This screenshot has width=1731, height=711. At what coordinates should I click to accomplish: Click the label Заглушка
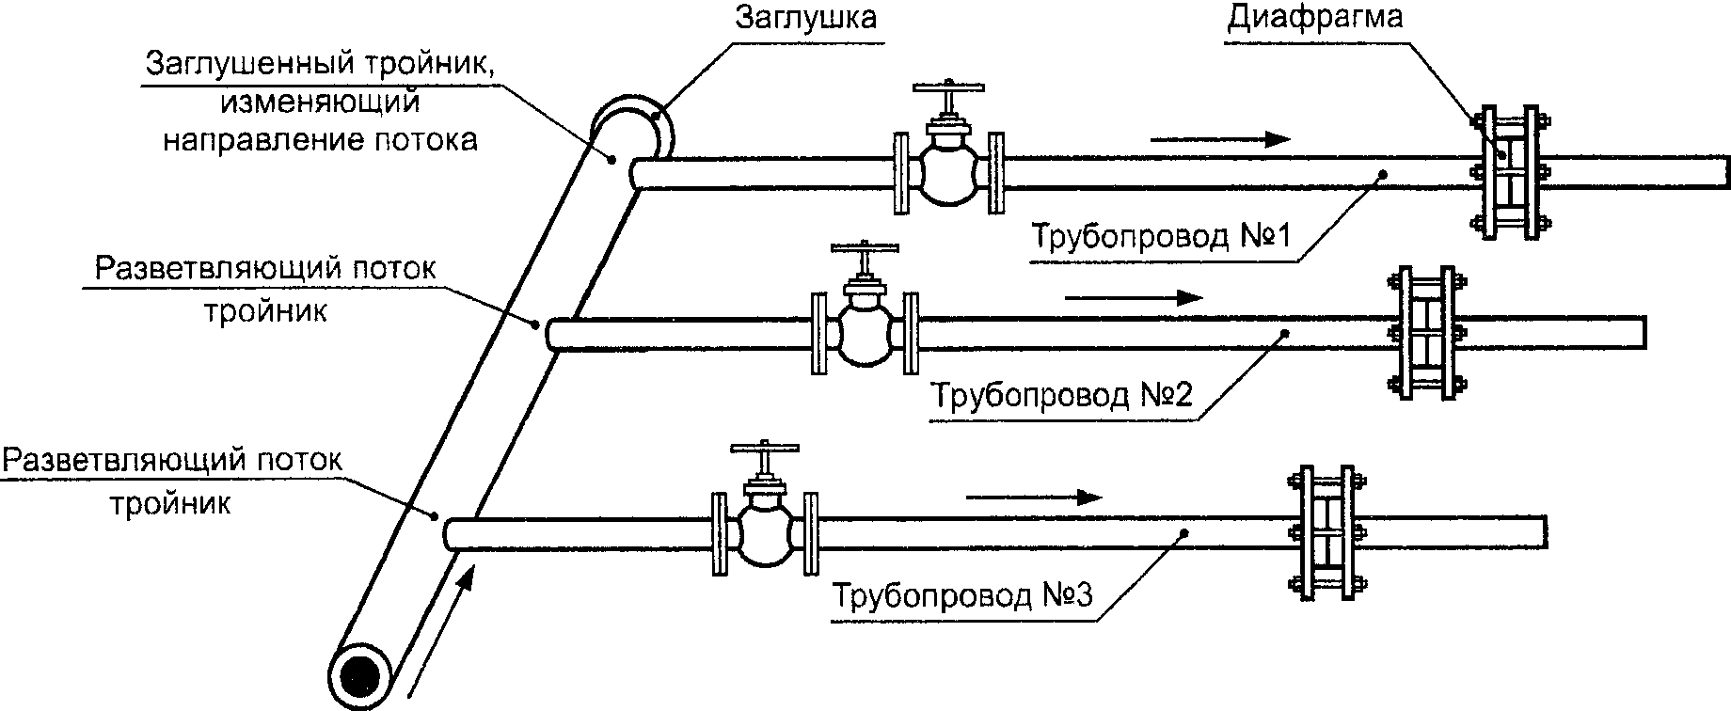[805, 18]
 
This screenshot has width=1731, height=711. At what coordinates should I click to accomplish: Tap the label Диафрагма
[1314, 18]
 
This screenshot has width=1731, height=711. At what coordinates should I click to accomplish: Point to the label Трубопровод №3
[962, 595]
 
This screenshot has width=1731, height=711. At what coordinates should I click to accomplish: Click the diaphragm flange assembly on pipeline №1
[1509, 172]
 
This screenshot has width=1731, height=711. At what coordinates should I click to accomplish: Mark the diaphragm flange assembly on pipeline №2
[1425, 333]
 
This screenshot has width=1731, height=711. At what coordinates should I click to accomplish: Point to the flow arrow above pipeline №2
[1134, 298]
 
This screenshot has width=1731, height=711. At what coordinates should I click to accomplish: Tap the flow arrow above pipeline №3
[1034, 498]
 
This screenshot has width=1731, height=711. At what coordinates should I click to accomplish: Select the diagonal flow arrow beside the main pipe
[440, 627]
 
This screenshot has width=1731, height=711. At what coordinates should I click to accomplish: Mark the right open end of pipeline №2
[1644, 332]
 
